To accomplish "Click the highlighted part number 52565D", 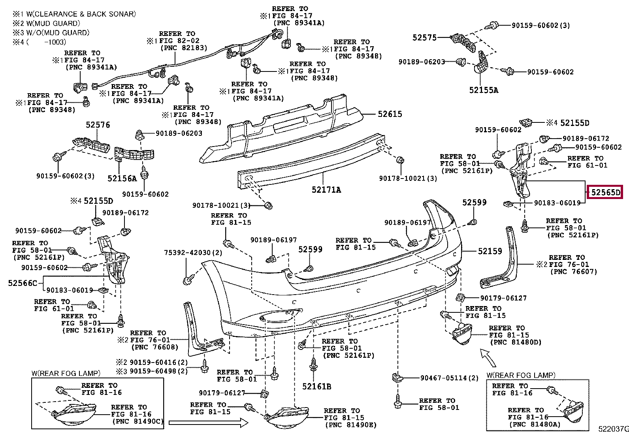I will (605, 193).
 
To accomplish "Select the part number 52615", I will (390, 114).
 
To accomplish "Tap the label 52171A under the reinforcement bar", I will (326, 190).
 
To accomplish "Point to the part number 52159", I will (490, 251).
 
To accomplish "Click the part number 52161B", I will (316, 386).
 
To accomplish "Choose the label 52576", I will (98, 125).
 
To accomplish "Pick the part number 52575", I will (424, 38).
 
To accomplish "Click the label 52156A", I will (122, 178).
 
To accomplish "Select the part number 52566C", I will (23, 283).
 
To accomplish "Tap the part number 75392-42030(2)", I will (193, 253).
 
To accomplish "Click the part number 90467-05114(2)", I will (449, 378).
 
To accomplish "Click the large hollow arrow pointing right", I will (208, 423).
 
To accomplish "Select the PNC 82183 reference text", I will (184, 48).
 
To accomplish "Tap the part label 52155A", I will (484, 90).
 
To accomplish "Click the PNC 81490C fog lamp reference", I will (138, 421).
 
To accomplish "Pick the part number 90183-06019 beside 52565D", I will (557, 203).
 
